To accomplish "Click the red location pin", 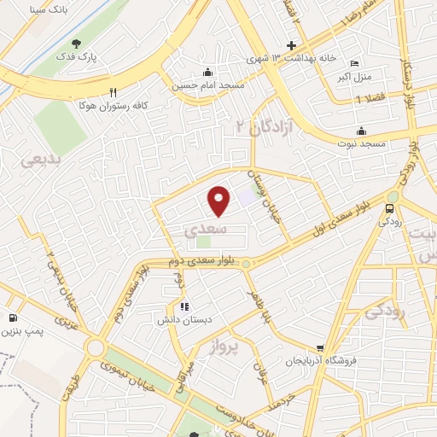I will click(219, 200).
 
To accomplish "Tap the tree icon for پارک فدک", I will click(79, 44).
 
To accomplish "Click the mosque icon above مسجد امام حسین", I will click(207, 72).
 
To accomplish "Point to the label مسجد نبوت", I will click(361, 144).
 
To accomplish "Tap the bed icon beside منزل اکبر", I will click(356, 64).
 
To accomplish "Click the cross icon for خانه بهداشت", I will click(292, 45).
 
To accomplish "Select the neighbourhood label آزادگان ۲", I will click(264, 126).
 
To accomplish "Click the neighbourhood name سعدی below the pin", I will click(206, 230).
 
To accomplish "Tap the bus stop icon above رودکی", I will click(391, 207).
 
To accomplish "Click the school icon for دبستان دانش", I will click(184, 306).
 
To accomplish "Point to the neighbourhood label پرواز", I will click(227, 347).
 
